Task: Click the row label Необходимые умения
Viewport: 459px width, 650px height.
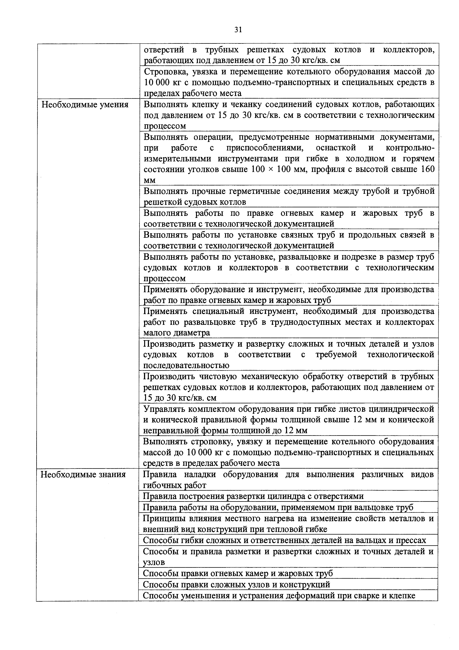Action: (85, 105)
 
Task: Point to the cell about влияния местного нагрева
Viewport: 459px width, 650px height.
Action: (289, 523)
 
